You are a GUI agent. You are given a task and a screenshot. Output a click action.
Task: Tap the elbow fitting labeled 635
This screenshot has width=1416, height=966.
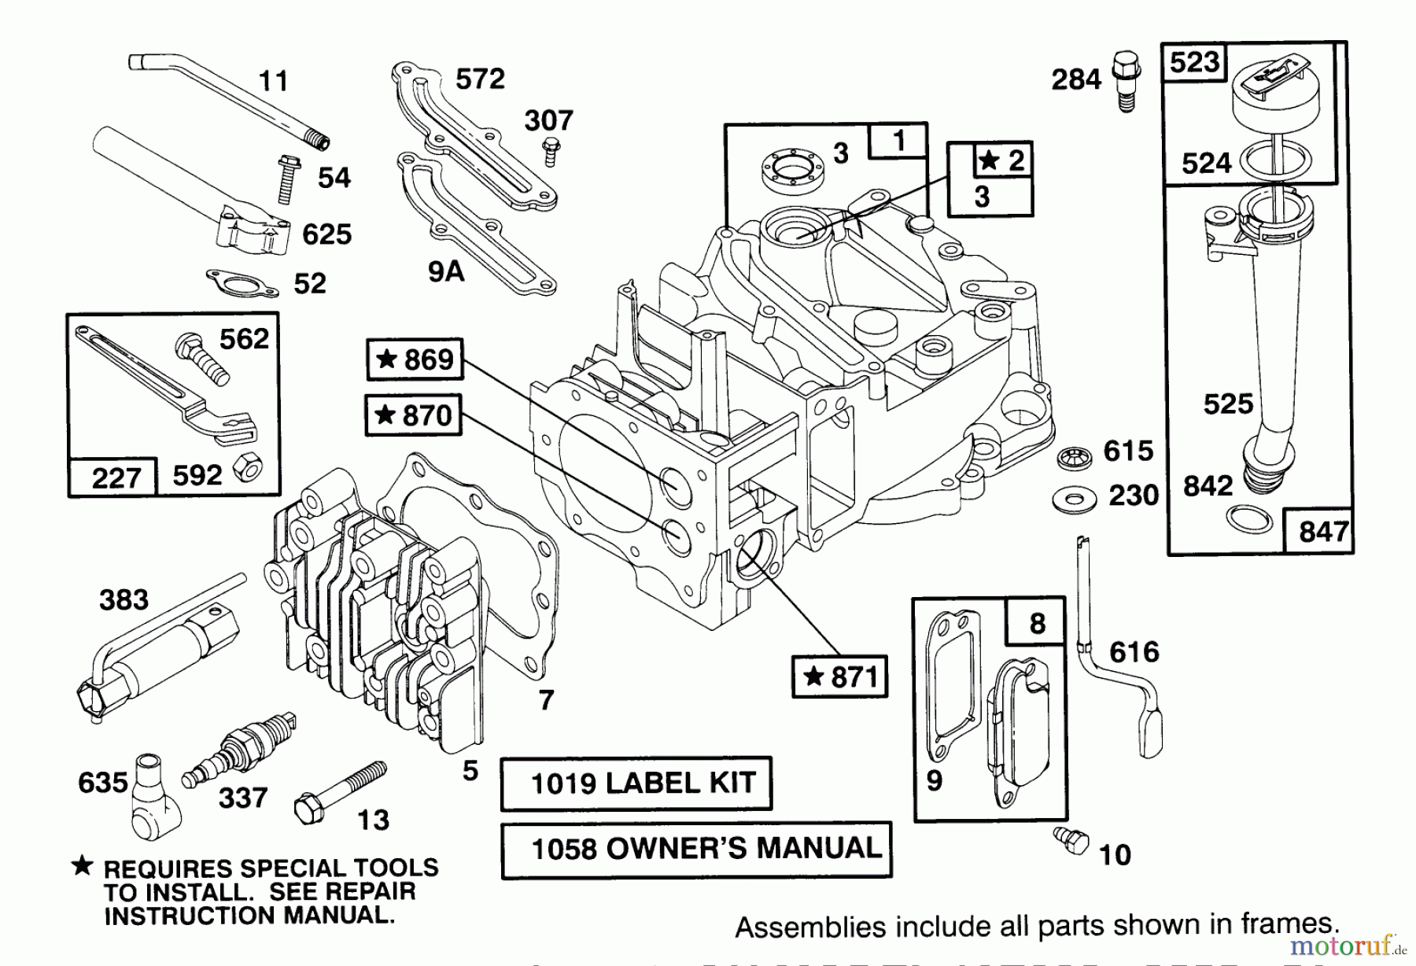(x=152, y=796)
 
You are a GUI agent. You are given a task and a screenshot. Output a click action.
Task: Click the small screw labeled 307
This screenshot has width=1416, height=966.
(x=551, y=151)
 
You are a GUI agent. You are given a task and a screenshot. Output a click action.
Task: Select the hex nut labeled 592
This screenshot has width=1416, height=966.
(x=248, y=469)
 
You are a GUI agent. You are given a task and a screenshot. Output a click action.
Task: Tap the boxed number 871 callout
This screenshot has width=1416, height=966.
(x=839, y=677)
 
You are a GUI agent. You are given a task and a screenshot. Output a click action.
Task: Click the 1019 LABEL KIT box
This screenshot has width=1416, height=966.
(x=636, y=783)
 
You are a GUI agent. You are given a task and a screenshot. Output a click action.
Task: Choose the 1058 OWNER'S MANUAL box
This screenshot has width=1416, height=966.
(x=696, y=850)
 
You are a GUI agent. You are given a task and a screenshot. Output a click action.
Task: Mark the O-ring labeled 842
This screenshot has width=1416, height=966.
(x=1249, y=519)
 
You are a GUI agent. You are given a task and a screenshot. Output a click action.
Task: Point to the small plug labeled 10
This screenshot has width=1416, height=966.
(x=1071, y=839)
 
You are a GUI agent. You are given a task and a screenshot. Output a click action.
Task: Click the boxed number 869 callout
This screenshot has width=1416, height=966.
(x=415, y=359)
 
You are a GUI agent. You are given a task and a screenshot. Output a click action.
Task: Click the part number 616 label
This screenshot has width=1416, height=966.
(x=1134, y=651)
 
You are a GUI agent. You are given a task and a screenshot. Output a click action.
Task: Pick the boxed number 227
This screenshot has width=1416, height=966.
(x=115, y=477)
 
